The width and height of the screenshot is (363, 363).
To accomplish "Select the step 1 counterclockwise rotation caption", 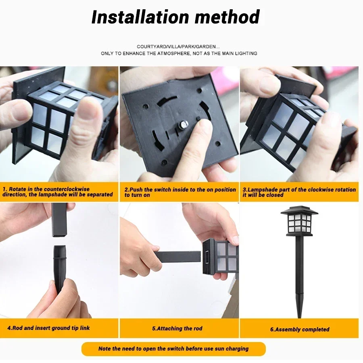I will coord(58,192).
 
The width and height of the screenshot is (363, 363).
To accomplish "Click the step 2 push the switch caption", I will coord(180,192).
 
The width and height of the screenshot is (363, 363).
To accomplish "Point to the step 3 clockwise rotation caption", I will coord(299,192).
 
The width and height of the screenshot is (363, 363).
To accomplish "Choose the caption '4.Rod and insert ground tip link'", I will coord(46,328).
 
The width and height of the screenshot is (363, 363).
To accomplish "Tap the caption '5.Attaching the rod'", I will coord(177,328).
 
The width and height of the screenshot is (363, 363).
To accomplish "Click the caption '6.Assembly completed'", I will coord(299,330).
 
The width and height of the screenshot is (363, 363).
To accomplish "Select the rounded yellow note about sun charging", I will coord(173,349).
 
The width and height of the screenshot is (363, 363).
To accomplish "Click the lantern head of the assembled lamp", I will coord(299,221).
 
